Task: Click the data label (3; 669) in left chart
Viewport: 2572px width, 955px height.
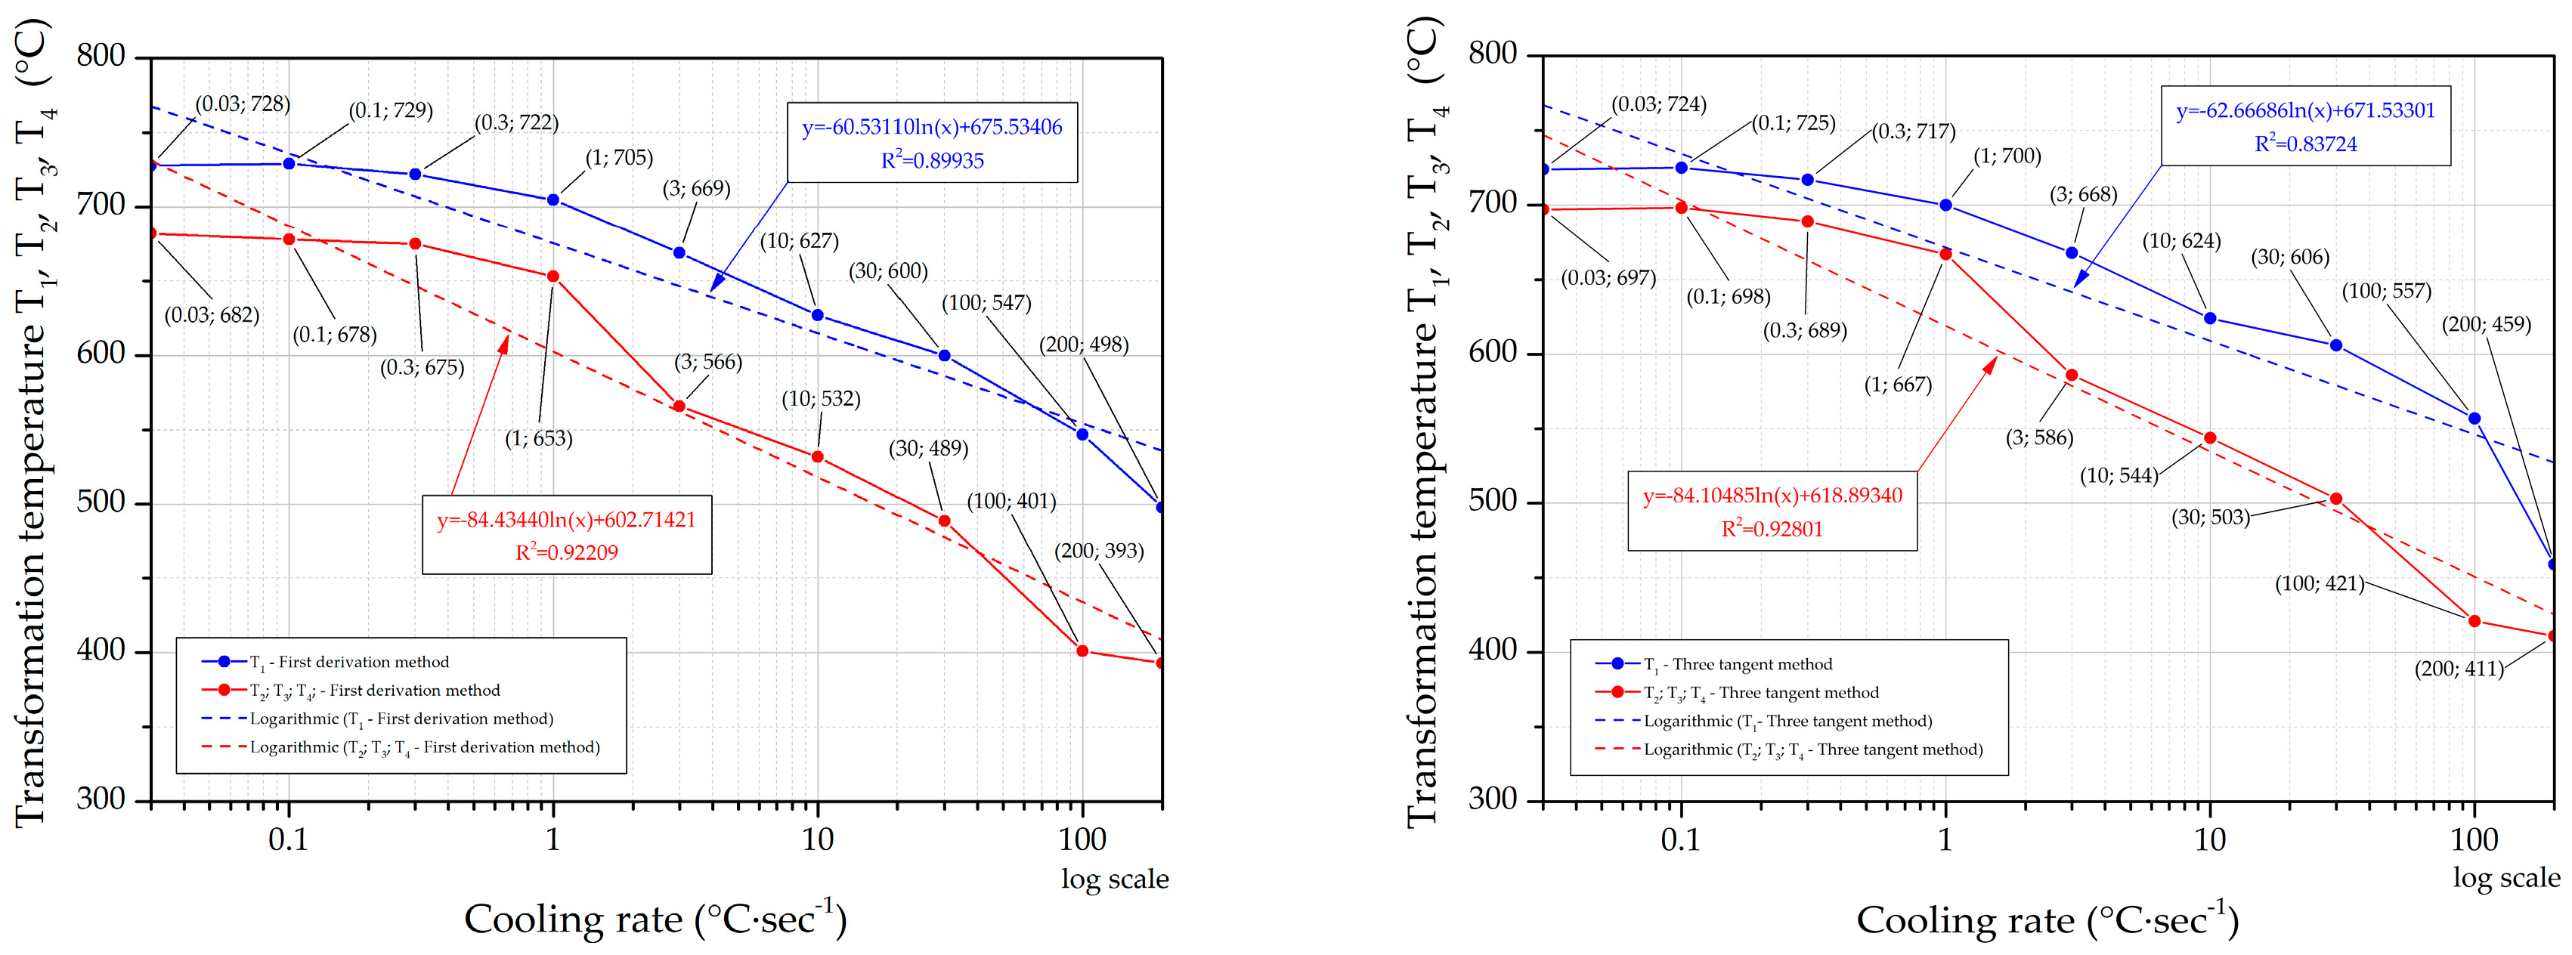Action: [x=696, y=189]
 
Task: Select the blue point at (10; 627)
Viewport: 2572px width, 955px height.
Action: [x=818, y=315]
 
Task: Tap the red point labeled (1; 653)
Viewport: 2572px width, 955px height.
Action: [x=553, y=277]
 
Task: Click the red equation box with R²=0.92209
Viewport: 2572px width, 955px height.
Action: [x=566, y=535]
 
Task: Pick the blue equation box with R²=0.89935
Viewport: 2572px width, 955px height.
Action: [x=932, y=143]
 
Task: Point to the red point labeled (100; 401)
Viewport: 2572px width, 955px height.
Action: [x=1082, y=651]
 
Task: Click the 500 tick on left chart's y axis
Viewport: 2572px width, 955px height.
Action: [x=101, y=502]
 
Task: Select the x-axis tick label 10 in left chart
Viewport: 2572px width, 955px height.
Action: [x=817, y=840]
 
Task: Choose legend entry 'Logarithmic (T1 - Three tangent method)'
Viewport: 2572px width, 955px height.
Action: [x=1787, y=721]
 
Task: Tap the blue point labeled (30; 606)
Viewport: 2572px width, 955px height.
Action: [x=2336, y=345]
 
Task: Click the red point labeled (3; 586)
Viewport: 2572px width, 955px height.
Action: [x=2072, y=376]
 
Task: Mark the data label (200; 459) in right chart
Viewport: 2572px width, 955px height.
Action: [x=2486, y=324]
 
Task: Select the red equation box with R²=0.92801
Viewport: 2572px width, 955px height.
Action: [x=1772, y=511]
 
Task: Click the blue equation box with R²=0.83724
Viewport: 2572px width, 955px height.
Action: [x=2305, y=127]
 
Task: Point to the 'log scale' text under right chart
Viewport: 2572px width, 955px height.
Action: [x=2506, y=877]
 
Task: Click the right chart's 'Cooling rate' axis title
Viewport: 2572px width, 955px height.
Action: [x=2047, y=919]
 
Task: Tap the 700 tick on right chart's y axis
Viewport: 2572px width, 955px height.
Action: [x=1493, y=202]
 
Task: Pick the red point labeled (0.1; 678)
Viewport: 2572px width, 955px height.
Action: [x=289, y=240]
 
